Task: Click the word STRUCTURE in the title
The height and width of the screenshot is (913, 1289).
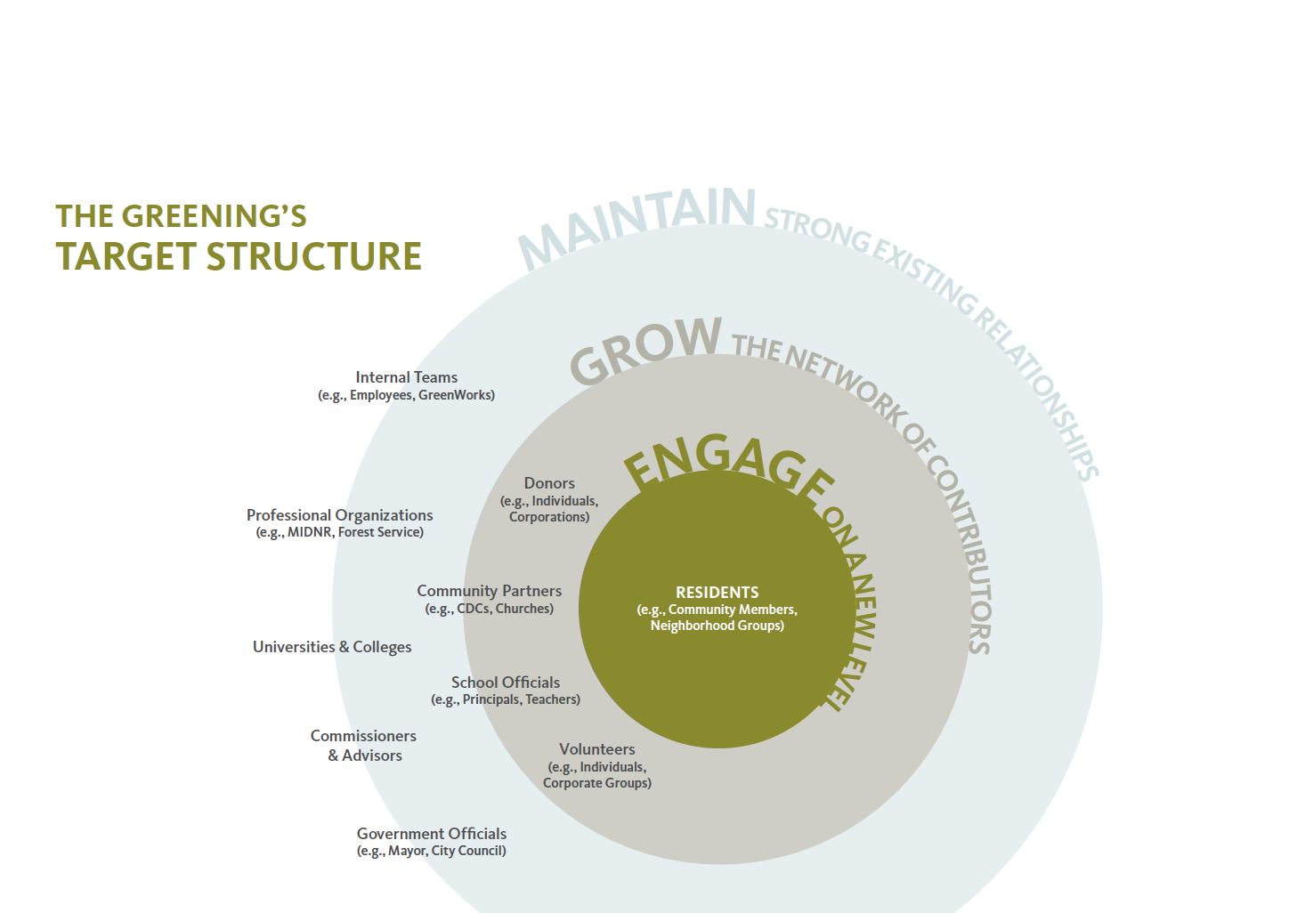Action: [313, 256]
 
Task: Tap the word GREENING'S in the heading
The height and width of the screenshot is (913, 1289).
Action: [214, 216]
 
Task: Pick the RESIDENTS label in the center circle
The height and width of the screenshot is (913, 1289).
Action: [717, 592]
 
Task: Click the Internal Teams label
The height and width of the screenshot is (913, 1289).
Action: [406, 377]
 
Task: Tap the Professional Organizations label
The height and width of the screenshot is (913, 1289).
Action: [339, 515]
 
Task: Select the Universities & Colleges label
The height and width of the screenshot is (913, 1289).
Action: [332, 647]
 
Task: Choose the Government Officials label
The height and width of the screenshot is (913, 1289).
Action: [432, 834]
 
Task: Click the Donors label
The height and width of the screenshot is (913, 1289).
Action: [549, 482]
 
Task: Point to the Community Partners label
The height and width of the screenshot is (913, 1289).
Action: [489, 591]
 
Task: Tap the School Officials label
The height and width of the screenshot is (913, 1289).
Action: [506, 683]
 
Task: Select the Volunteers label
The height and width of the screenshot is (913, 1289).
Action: [597, 749]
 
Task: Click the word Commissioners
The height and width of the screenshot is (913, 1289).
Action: [363, 736]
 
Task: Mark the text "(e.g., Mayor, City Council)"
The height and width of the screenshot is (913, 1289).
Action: [432, 851]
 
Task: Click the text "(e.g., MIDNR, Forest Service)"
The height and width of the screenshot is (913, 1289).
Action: [339, 532]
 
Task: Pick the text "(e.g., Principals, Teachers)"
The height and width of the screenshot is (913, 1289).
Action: [506, 699]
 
